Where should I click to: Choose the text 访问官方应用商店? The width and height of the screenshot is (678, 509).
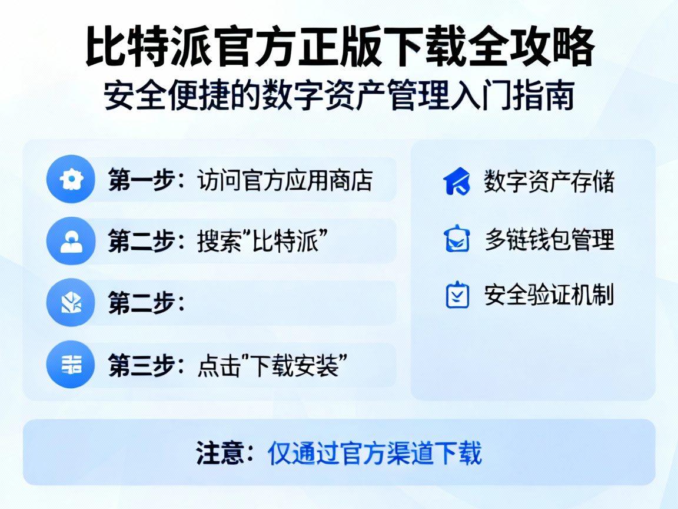tap(284, 180)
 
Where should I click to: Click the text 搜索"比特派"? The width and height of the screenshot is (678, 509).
tap(262, 242)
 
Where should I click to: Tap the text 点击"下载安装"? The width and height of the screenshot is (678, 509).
tap(270, 366)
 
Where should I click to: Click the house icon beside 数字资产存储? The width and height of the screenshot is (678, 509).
tap(457, 181)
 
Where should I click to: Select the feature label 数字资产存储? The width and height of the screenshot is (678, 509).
tap(549, 181)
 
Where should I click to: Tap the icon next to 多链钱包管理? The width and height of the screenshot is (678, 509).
tap(457, 239)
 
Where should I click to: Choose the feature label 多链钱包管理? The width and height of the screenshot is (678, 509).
tap(549, 239)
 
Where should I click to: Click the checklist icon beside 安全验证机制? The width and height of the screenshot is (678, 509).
tap(457, 295)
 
